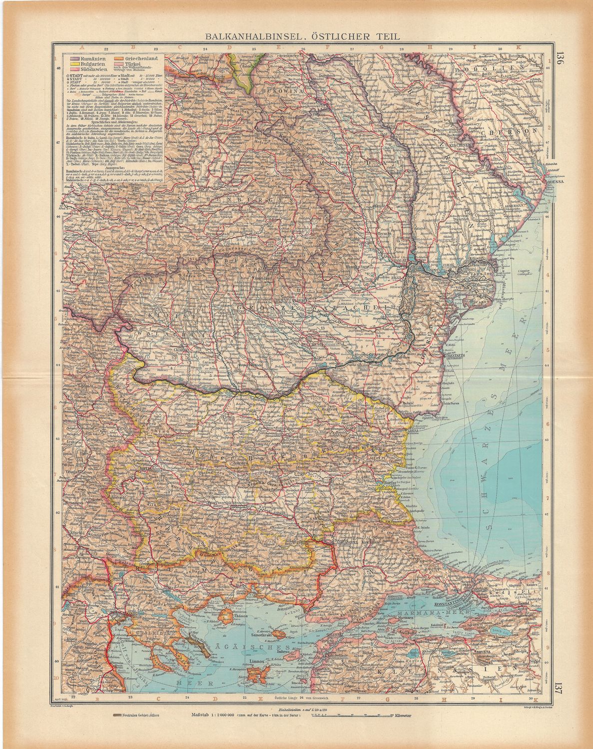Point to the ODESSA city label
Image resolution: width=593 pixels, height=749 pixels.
pyautogui.click(x=555, y=183)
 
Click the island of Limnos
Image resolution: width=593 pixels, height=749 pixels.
pyautogui.click(x=260, y=673)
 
